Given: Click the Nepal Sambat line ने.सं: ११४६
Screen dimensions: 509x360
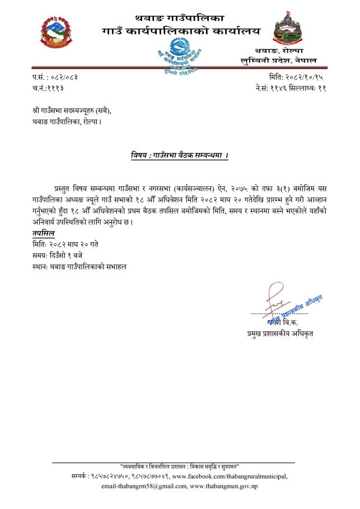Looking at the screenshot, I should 291,88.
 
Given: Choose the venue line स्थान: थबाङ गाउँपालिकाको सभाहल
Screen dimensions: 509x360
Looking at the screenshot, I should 80,267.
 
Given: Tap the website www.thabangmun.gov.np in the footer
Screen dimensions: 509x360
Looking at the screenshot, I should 224,487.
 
